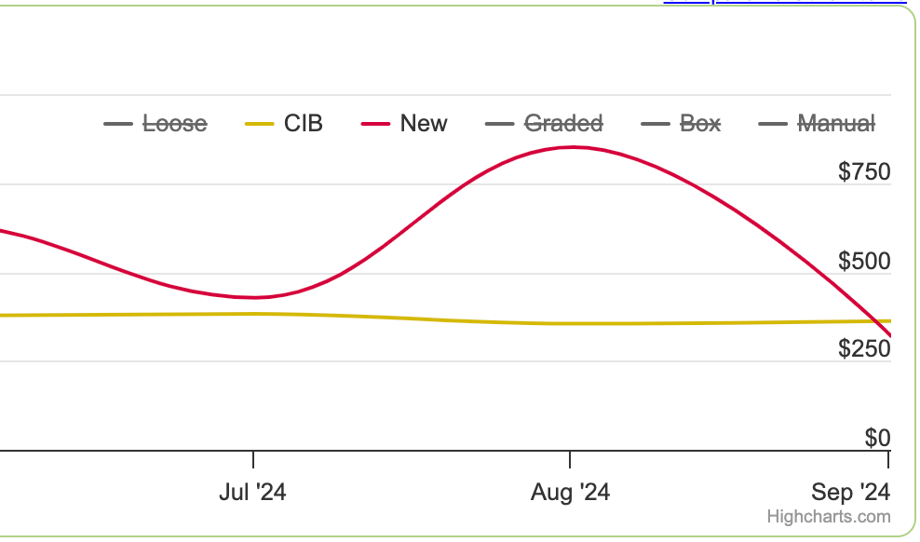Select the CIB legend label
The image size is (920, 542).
coord(304,124)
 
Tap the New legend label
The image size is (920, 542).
coord(424,124)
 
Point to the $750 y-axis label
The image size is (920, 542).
coord(864,172)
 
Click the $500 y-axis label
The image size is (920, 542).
coord(864,261)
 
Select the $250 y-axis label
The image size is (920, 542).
coord(864,349)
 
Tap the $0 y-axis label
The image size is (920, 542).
coord(878,439)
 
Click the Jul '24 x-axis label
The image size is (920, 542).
coord(253,492)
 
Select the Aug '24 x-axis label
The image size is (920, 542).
coord(570,492)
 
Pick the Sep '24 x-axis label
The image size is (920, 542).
coord(851,492)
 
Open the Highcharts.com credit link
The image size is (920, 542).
coord(829,517)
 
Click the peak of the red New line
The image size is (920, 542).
coord(573,147)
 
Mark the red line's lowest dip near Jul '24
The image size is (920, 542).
coord(253,297)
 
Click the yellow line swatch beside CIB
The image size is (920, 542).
coord(260,125)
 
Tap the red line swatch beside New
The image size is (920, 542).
coord(375,125)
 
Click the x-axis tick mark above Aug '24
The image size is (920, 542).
coord(570,459)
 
